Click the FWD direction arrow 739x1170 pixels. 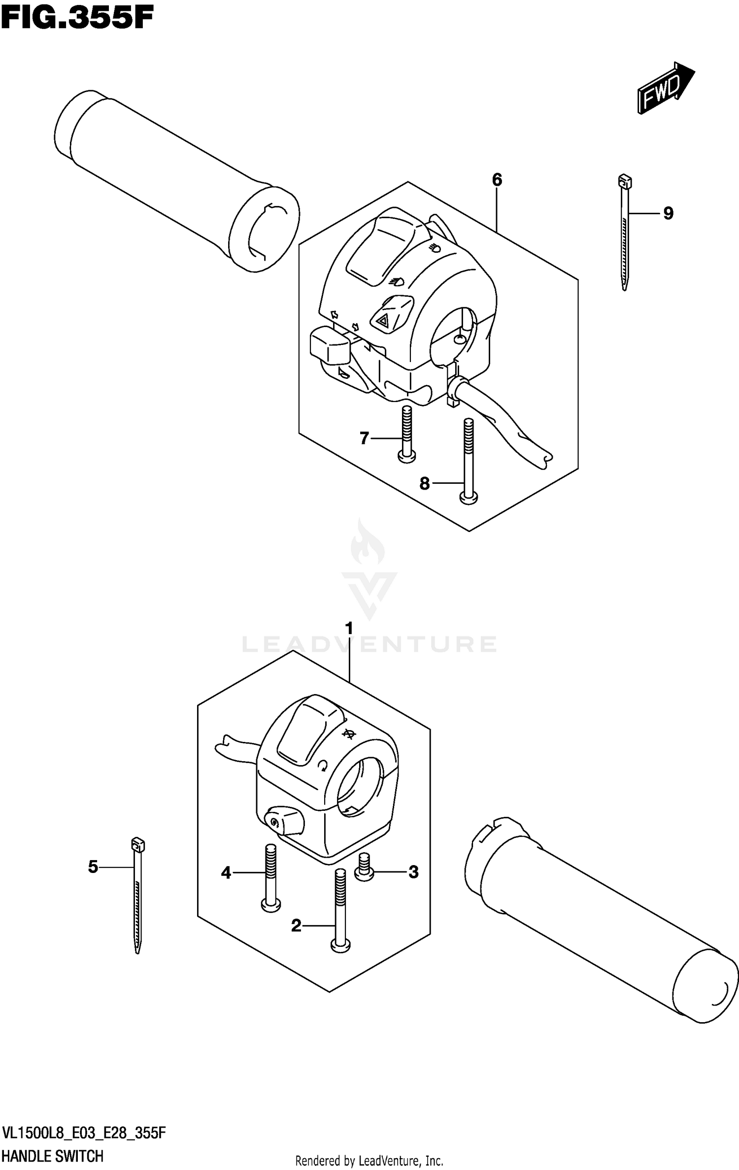[x=665, y=89]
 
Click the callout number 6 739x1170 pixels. [x=497, y=180]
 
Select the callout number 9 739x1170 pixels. [x=668, y=213]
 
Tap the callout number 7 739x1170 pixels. [x=364, y=437]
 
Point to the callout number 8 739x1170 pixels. [x=425, y=484]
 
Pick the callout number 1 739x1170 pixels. [x=349, y=629]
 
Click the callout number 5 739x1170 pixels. [x=93, y=867]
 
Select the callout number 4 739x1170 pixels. [x=226, y=873]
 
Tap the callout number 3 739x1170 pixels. [x=413, y=872]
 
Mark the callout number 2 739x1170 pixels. [x=296, y=926]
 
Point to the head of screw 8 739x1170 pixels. [x=469, y=499]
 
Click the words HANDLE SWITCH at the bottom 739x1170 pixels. [x=52, y=1156]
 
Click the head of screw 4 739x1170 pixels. [x=270, y=903]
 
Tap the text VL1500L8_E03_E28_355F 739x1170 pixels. [x=84, y=1133]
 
